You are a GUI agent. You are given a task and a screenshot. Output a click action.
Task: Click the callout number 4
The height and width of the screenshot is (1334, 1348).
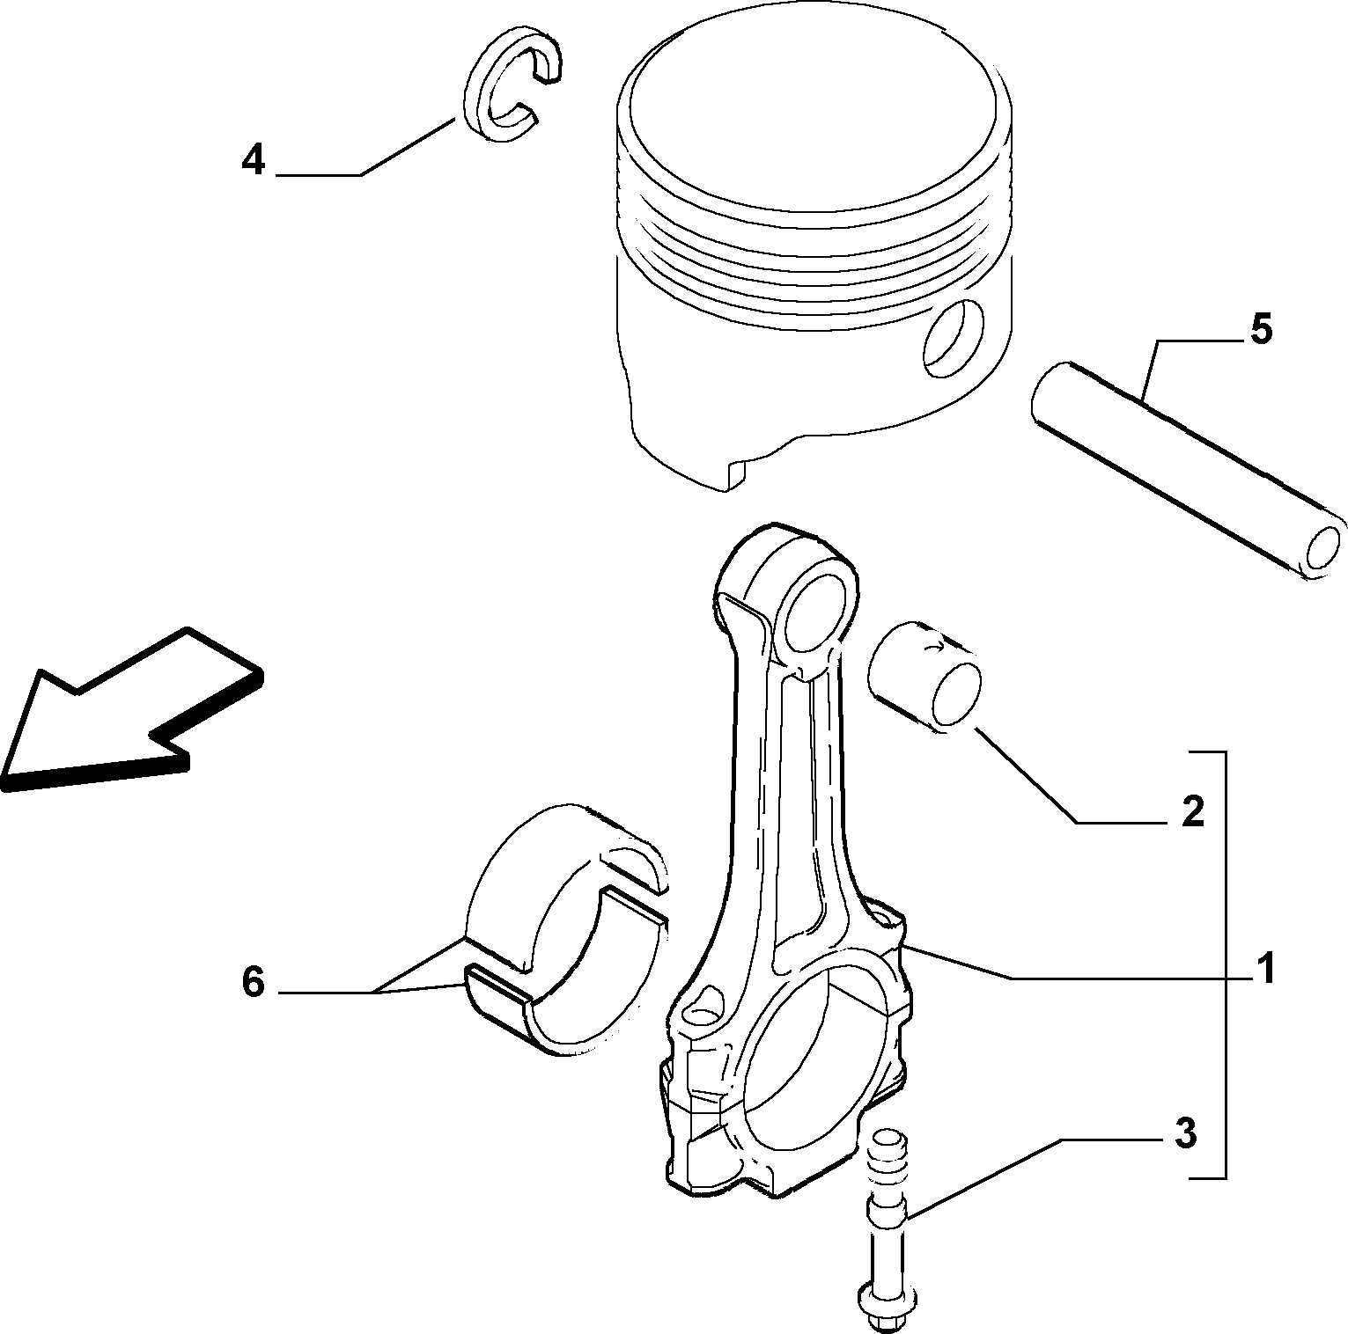pyautogui.click(x=254, y=160)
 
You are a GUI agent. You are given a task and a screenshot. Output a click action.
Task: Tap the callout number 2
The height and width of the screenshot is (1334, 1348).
pyautogui.click(x=1192, y=810)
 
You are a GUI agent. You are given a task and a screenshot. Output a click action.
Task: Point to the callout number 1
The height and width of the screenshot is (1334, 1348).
pyautogui.click(x=1265, y=969)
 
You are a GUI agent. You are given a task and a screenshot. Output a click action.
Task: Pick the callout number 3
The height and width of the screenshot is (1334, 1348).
pyautogui.click(x=1186, y=1133)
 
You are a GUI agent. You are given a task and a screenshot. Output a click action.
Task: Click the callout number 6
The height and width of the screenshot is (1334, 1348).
pyautogui.click(x=254, y=982)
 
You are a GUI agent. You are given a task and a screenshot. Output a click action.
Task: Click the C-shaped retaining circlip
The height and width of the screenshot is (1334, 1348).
pyautogui.click(x=511, y=84)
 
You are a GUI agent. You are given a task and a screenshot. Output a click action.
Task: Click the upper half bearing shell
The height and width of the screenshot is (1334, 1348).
pyautogui.click(x=564, y=889)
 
